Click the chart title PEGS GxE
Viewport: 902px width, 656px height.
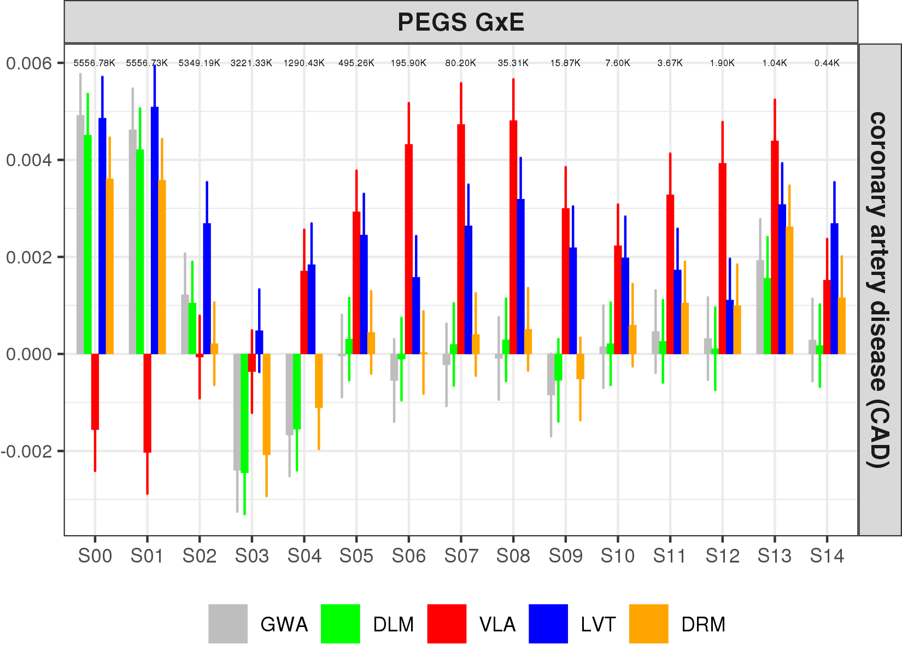pos(460,22)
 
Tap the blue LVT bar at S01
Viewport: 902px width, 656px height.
pos(155,230)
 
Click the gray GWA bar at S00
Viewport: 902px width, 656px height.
pos(80,235)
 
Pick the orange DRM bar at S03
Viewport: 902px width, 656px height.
pos(266,404)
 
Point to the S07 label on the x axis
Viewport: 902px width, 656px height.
pos(461,557)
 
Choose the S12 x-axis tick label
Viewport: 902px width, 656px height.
pos(722,557)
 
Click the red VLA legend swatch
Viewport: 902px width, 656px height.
pos(447,624)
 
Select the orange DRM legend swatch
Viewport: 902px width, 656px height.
pos(648,624)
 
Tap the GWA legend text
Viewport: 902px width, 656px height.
pos(284,624)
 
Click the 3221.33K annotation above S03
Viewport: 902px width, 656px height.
pos(251,63)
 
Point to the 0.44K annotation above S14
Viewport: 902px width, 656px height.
pos(827,63)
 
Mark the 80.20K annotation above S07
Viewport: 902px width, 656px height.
pos(460,63)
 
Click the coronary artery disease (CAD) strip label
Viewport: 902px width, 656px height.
pos(879,290)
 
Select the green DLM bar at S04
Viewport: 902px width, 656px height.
pos(297,391)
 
